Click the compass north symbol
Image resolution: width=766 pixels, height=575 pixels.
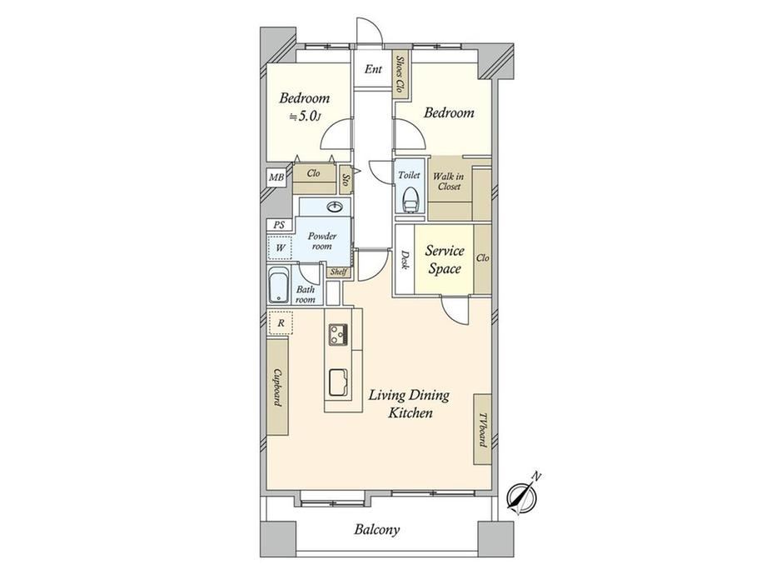[522, 495]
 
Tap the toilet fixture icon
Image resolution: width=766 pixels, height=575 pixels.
[410, 199]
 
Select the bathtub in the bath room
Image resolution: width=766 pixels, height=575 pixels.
[279, 287]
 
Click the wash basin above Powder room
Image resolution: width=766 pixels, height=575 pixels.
[335, 207]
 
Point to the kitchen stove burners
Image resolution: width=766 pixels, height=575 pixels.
[337, 334]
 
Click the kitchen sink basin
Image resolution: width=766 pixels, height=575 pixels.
[337, 382]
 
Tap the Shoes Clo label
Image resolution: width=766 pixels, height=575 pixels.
[400, 75]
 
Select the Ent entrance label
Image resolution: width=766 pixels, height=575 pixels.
[373, 69]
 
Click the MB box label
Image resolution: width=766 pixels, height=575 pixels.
[276, 177]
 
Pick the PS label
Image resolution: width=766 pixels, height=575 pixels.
[279, 225]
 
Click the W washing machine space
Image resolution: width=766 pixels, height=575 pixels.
[280, 247]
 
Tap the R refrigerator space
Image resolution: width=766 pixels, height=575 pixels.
[281, 322]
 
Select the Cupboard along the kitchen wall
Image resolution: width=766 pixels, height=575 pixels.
[277, 387]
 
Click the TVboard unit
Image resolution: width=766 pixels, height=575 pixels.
[482, 429]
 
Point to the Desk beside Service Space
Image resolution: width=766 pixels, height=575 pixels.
[405, 259]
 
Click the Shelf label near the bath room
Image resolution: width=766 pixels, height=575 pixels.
[339, 272]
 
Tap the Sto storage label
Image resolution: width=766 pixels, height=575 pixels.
[346, 180]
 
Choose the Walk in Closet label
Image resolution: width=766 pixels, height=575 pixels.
[449, 181]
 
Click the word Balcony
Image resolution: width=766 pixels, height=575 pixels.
[377, 529]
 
